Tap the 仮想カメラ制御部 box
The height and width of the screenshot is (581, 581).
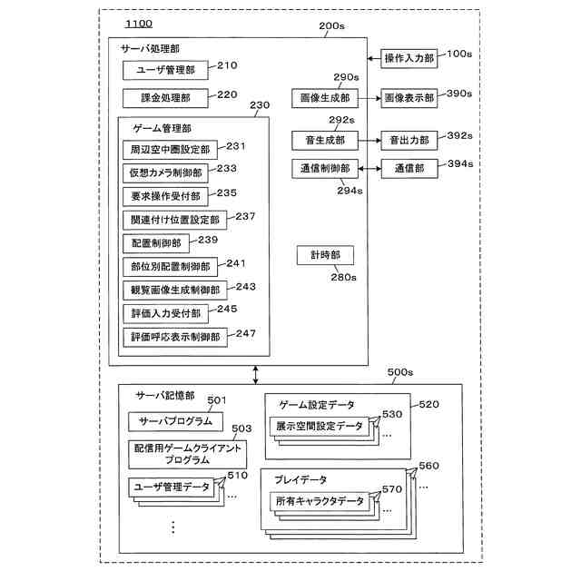[165, 172]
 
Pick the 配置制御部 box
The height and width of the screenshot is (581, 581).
[156, 242]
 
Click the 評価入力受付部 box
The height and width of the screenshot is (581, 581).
[163, 313]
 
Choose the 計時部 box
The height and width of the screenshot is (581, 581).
[324, 257]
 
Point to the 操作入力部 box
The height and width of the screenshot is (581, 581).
[409, 56]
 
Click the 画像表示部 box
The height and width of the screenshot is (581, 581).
[409, 97]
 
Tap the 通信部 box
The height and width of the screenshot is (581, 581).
[409, 169]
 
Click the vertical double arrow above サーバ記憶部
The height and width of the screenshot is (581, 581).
[256, 374]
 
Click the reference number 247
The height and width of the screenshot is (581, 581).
[246, 333]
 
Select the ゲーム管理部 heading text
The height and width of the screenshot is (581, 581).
[162, 129]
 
